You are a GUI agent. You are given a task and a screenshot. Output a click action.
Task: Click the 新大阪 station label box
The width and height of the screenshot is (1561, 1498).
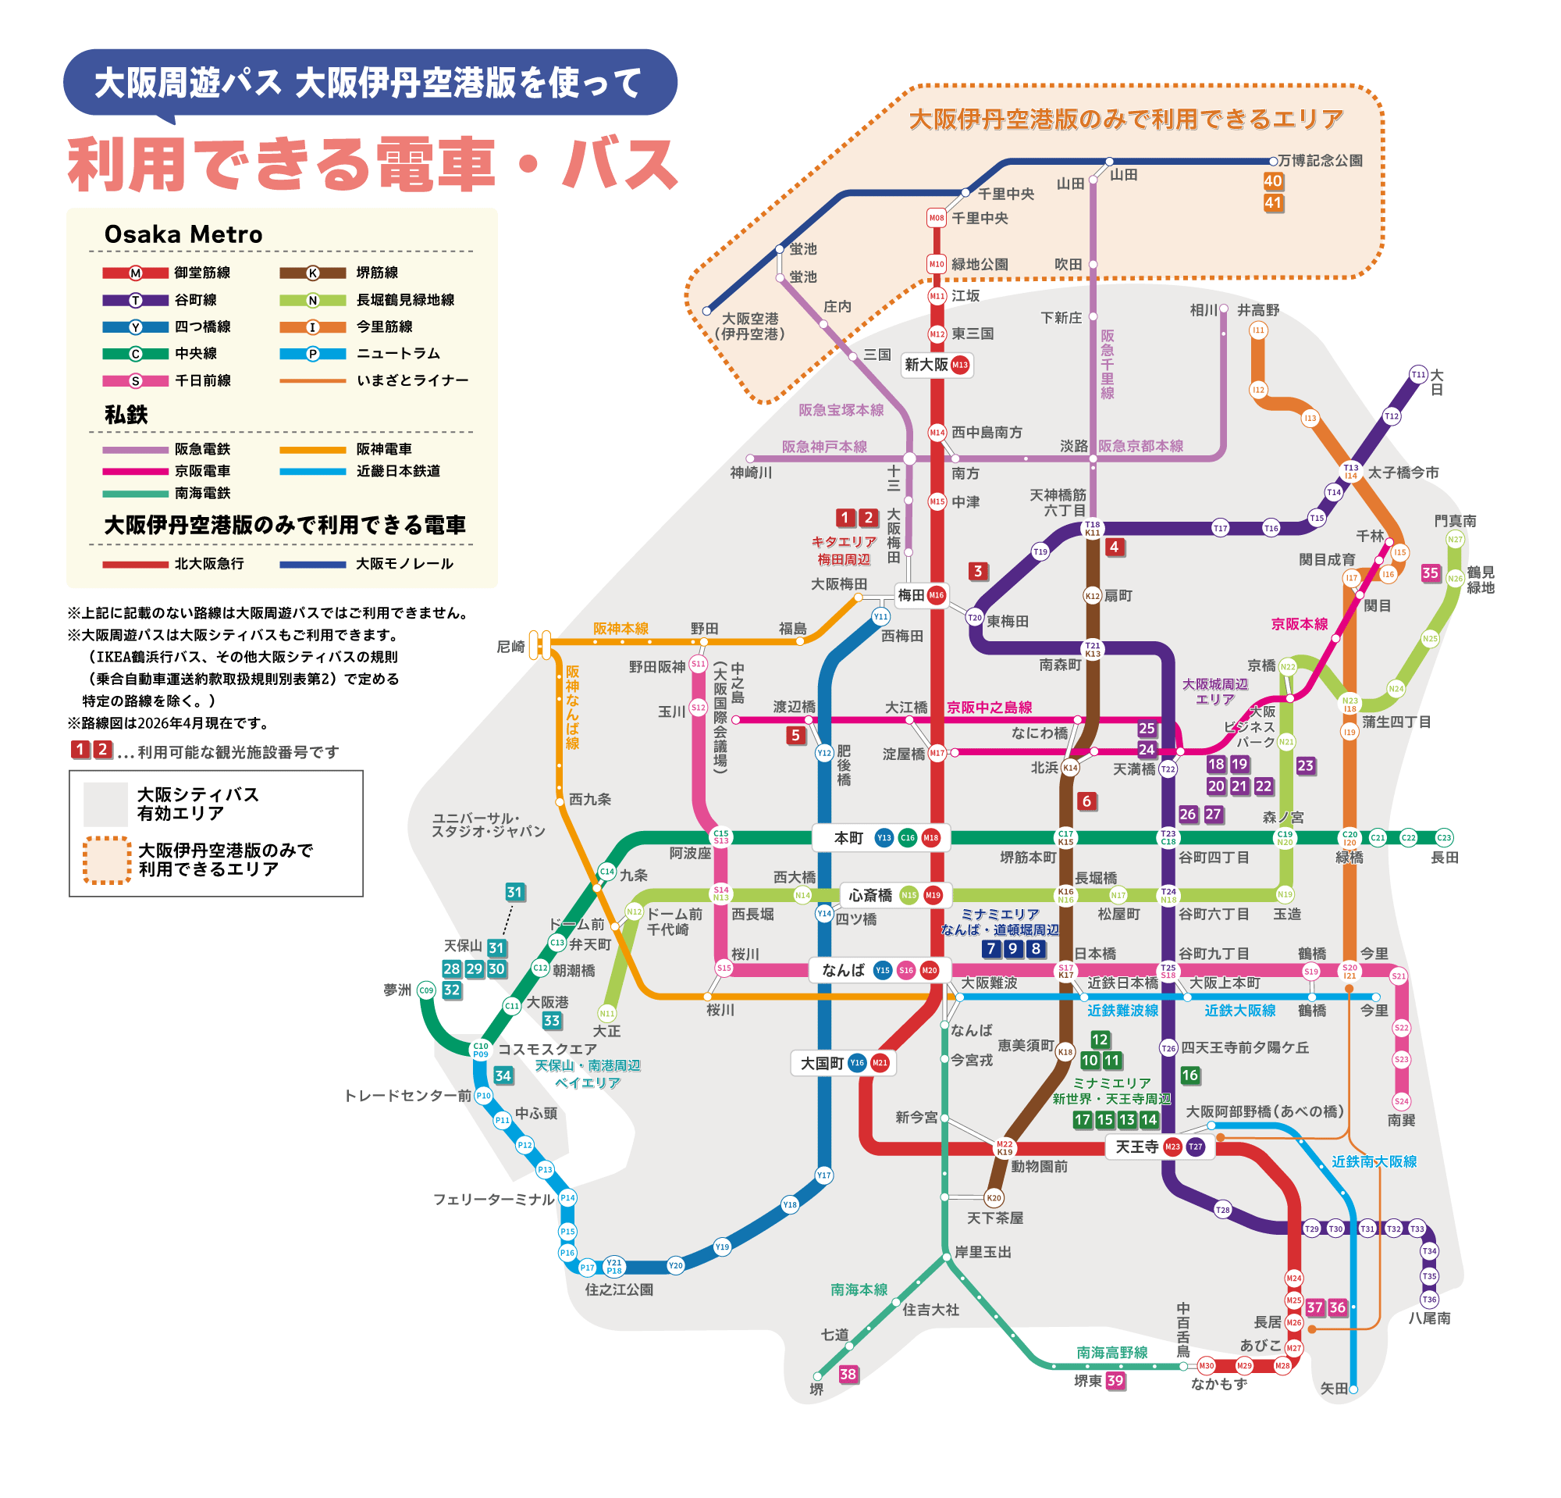[x=937, y=365]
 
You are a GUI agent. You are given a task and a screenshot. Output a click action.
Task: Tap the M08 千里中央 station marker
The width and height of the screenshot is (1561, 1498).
[x=937, y=218]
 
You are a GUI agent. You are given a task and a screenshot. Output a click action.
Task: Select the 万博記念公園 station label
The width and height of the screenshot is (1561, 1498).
[x=1320, y=161]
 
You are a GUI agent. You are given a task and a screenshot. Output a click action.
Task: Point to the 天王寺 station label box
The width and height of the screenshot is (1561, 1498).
[x=1159, y=1147]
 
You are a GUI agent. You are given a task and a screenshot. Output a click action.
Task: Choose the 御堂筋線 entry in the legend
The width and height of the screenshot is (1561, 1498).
[x=166, y=273]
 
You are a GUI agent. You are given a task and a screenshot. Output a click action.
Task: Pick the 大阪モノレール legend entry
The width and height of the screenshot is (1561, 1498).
[x=366, y=564]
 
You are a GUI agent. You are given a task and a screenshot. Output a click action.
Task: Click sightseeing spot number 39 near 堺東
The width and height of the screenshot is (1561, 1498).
[x=1116, y=1381]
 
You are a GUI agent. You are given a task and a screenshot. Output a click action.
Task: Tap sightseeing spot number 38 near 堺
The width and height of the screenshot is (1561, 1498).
[x=848, y=1374]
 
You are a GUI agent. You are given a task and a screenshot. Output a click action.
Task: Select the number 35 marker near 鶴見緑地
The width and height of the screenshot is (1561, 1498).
[x=1431, y=573]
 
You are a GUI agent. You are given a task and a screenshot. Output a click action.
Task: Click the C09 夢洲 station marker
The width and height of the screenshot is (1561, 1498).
[x=427, y=990]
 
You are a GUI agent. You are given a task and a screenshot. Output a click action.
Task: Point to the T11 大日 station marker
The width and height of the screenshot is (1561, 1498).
[x=1418, y=375]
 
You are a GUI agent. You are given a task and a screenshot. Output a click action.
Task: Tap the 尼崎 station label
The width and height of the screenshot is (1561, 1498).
[x=510, y=646]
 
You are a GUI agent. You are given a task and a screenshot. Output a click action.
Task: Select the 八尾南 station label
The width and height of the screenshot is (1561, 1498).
[x=1429, y=1318]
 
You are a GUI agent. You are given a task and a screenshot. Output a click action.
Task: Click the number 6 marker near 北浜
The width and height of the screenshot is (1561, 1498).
[x=1086, y=801]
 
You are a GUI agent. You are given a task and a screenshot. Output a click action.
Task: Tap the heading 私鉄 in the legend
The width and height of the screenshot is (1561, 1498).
[x=126, y=415]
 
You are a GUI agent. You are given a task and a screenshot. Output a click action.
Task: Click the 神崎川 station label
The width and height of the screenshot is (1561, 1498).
[x=751, y=473]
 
